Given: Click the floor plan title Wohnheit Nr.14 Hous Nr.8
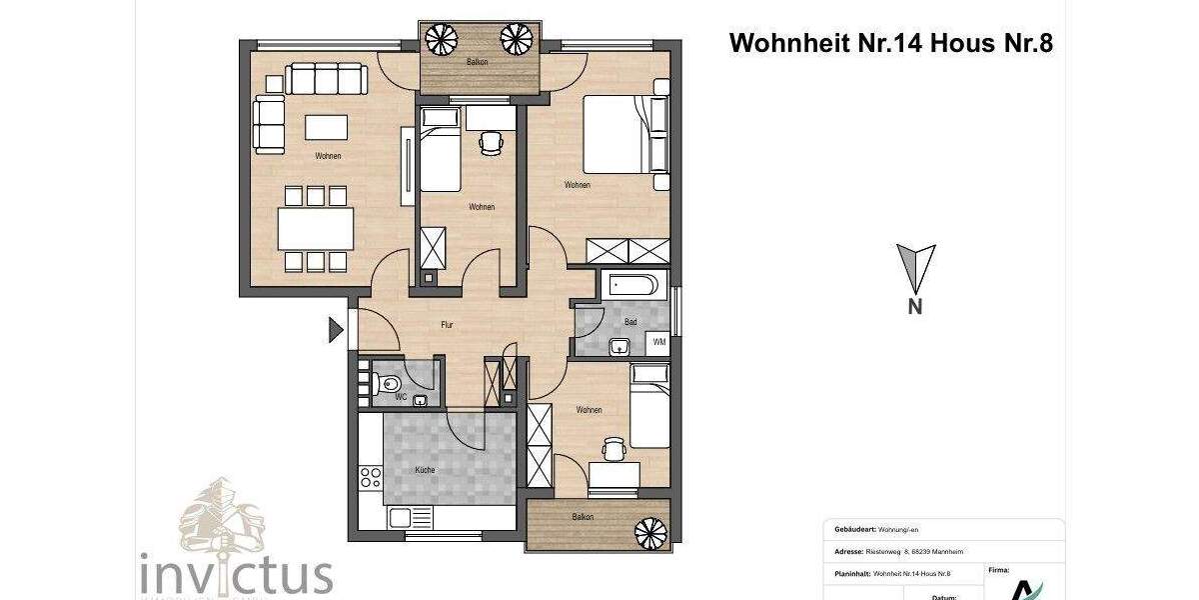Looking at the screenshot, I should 890,43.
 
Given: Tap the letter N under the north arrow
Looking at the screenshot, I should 914,308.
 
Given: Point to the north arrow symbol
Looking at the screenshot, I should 914,268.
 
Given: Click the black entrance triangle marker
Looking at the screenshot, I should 336,329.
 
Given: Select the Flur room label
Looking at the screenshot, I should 449,325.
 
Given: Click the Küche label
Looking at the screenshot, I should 425,469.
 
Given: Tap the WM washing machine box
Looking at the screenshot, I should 659,342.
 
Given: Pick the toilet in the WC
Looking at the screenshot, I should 389,383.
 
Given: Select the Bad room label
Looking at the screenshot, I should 630,322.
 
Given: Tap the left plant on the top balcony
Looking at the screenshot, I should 441,40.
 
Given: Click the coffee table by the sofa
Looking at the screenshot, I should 327,127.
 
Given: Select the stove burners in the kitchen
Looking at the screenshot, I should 370,477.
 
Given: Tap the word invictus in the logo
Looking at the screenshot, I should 237,575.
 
